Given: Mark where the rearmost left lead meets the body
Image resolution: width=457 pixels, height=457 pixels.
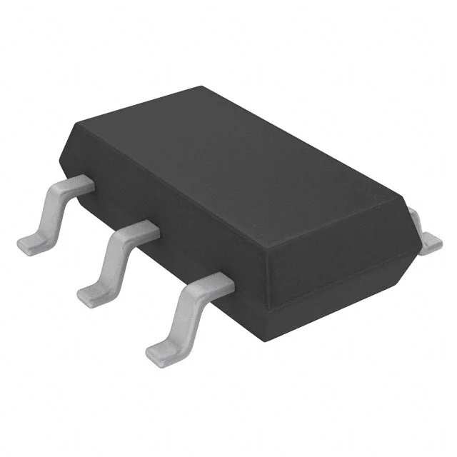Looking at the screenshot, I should (x=86, y=183).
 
